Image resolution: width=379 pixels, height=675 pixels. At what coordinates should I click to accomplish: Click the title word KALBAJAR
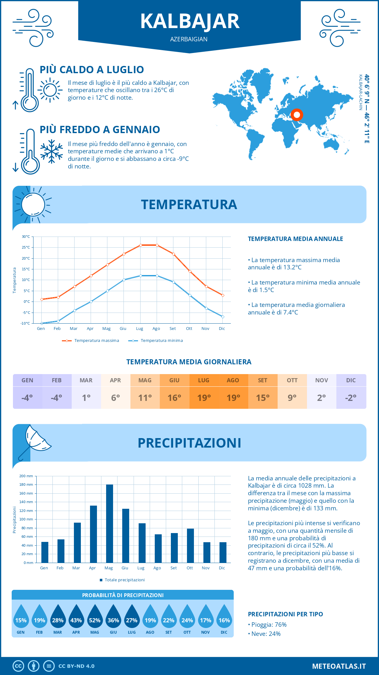[x=189, y=21]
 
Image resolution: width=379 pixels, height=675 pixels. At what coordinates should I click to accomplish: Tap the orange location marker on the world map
[x=297, y=115]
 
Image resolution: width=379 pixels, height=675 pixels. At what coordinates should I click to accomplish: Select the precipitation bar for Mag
[x=110, y=523]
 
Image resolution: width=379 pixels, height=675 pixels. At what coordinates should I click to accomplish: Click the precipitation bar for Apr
[x=93, y=534]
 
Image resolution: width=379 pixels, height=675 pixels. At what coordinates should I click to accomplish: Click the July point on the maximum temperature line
[x=141, y=245]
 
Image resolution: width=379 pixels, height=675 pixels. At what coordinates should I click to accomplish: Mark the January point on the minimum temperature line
[x=42, y=323]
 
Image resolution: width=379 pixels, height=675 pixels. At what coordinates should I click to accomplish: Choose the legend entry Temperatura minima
[x=161, y=341]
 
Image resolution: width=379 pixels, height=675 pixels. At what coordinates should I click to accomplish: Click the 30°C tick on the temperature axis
[x=26, y=237]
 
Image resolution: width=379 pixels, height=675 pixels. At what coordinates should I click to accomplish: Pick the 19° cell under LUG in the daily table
[x=204, y=398]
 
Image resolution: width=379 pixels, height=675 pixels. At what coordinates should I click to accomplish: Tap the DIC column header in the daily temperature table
[x=351, y=380]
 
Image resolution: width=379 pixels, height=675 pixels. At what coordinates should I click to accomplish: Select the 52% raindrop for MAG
[x=95, y=620]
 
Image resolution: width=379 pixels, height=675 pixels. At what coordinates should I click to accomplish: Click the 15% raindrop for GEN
[x=21, y=620]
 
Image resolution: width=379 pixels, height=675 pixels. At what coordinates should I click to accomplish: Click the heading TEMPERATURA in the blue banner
[x=189, y=204]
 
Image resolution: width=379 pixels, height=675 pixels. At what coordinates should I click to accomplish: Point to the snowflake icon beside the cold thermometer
[x=51, y=151]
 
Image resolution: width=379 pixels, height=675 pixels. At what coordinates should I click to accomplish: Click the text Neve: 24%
[x=266, y=634]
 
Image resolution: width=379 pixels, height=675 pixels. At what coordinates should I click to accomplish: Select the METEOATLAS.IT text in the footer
[x=339, y=666]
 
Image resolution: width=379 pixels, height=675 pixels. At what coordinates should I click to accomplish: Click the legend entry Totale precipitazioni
[x=124, y=580]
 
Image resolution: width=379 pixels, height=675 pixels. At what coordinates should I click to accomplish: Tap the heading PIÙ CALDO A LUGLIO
[x=92, y=70]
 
